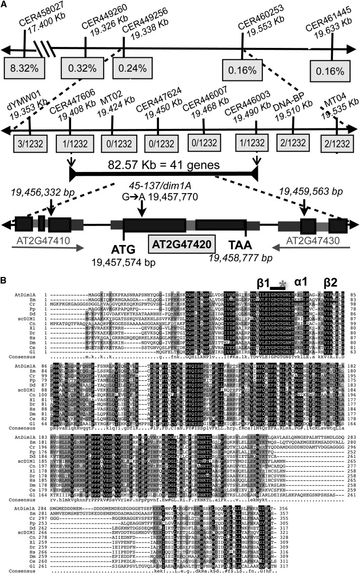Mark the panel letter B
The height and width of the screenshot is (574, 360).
(6, 279)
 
